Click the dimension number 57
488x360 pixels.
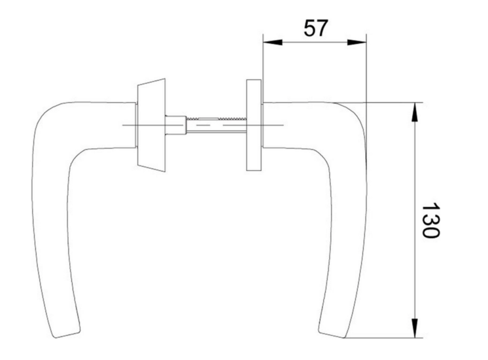coord(315,28)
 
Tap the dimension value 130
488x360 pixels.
coord(430,220)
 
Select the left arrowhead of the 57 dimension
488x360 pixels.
coord(273,42)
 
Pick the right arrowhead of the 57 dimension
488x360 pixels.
coord(357,42)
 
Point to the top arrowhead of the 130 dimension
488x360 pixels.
coord(415,112)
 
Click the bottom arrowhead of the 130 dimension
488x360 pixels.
coord(415,328)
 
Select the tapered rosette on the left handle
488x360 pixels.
coord(151,125)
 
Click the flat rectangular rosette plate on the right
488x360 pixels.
coord(254,125)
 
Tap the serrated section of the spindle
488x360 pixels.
coord(217,118)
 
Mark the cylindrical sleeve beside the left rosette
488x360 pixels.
coord(176,125)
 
